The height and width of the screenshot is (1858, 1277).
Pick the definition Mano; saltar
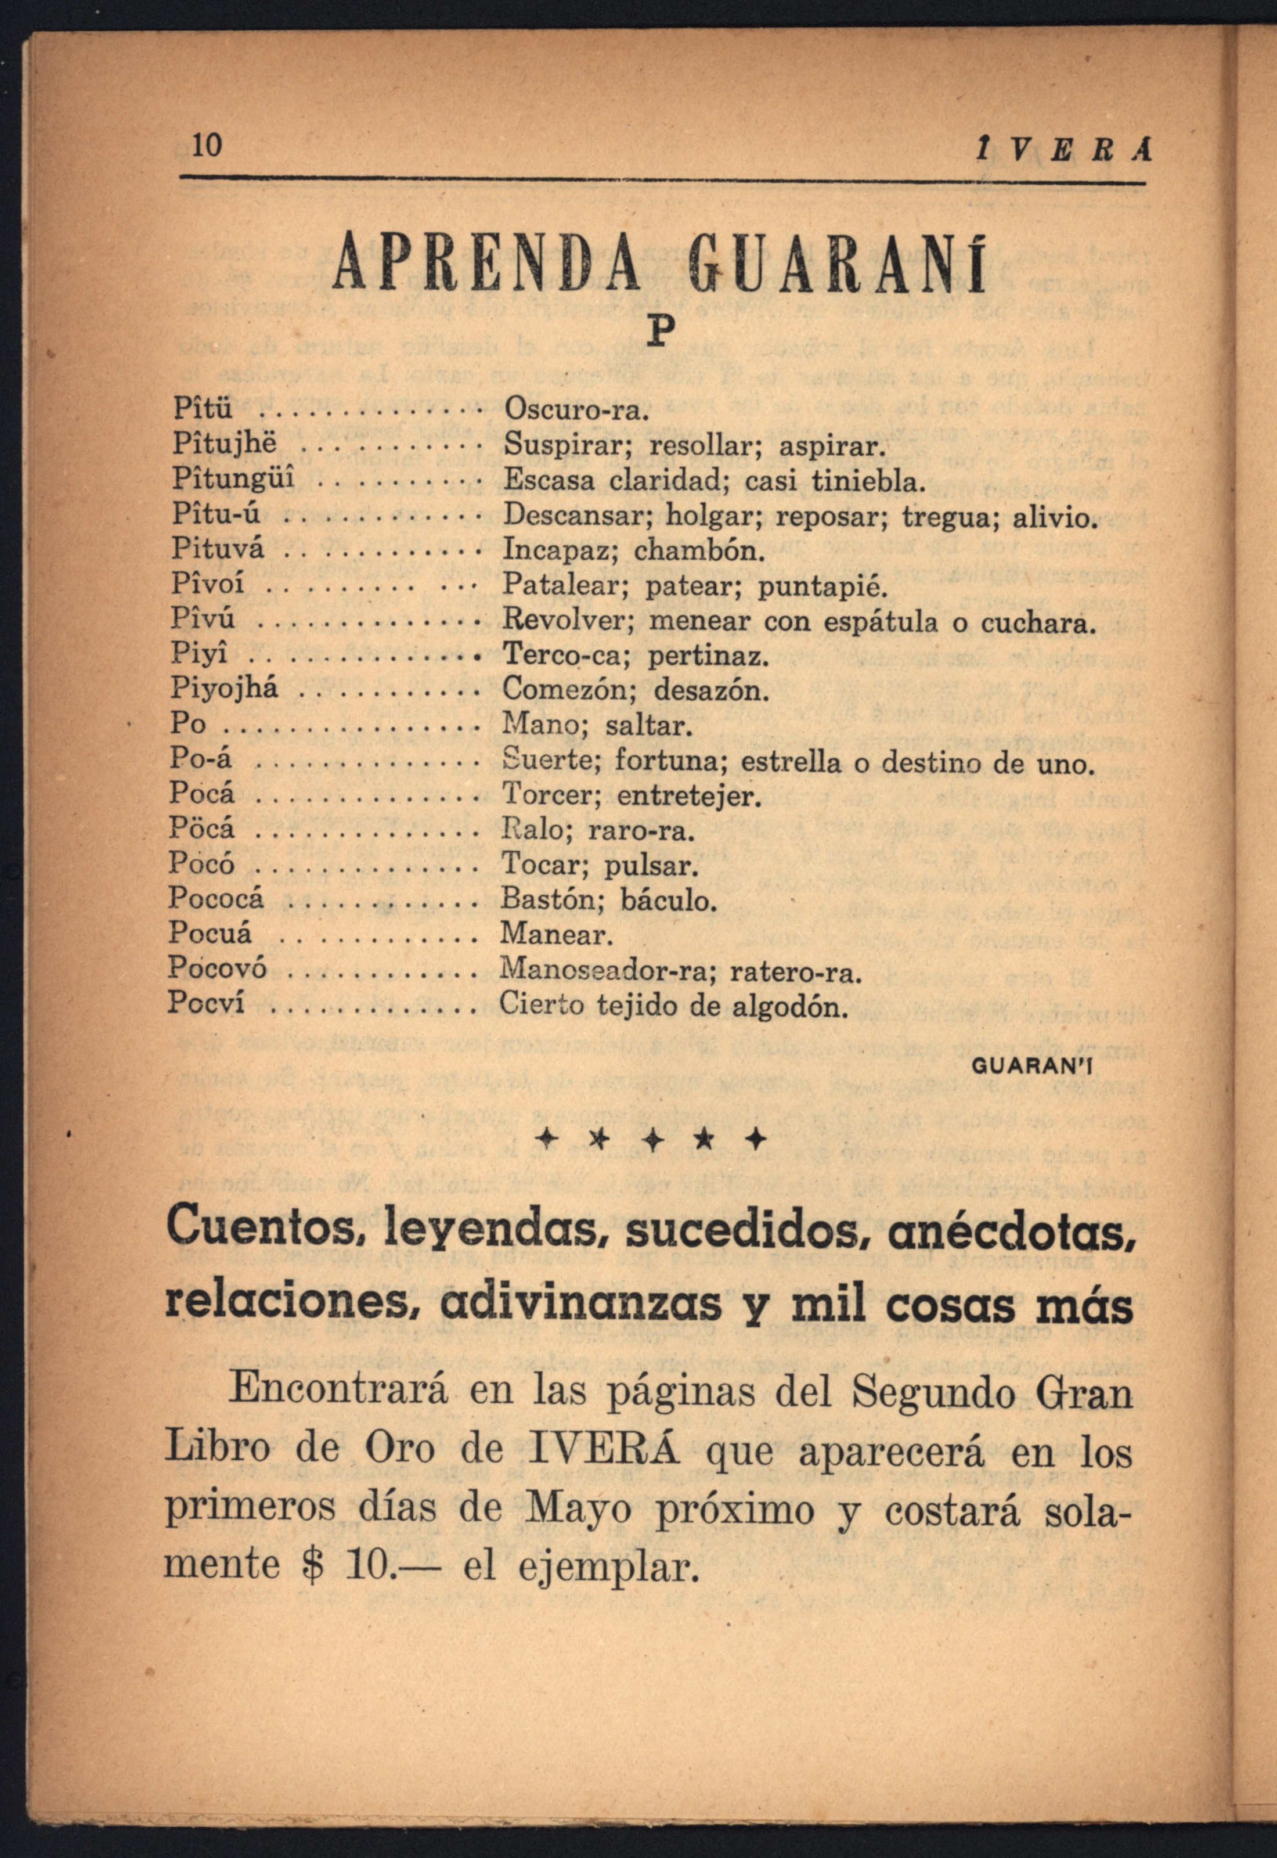(594, 726)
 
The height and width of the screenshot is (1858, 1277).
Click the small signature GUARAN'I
(1031, 1067)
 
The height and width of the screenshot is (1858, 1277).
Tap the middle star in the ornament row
(655, 1139)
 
